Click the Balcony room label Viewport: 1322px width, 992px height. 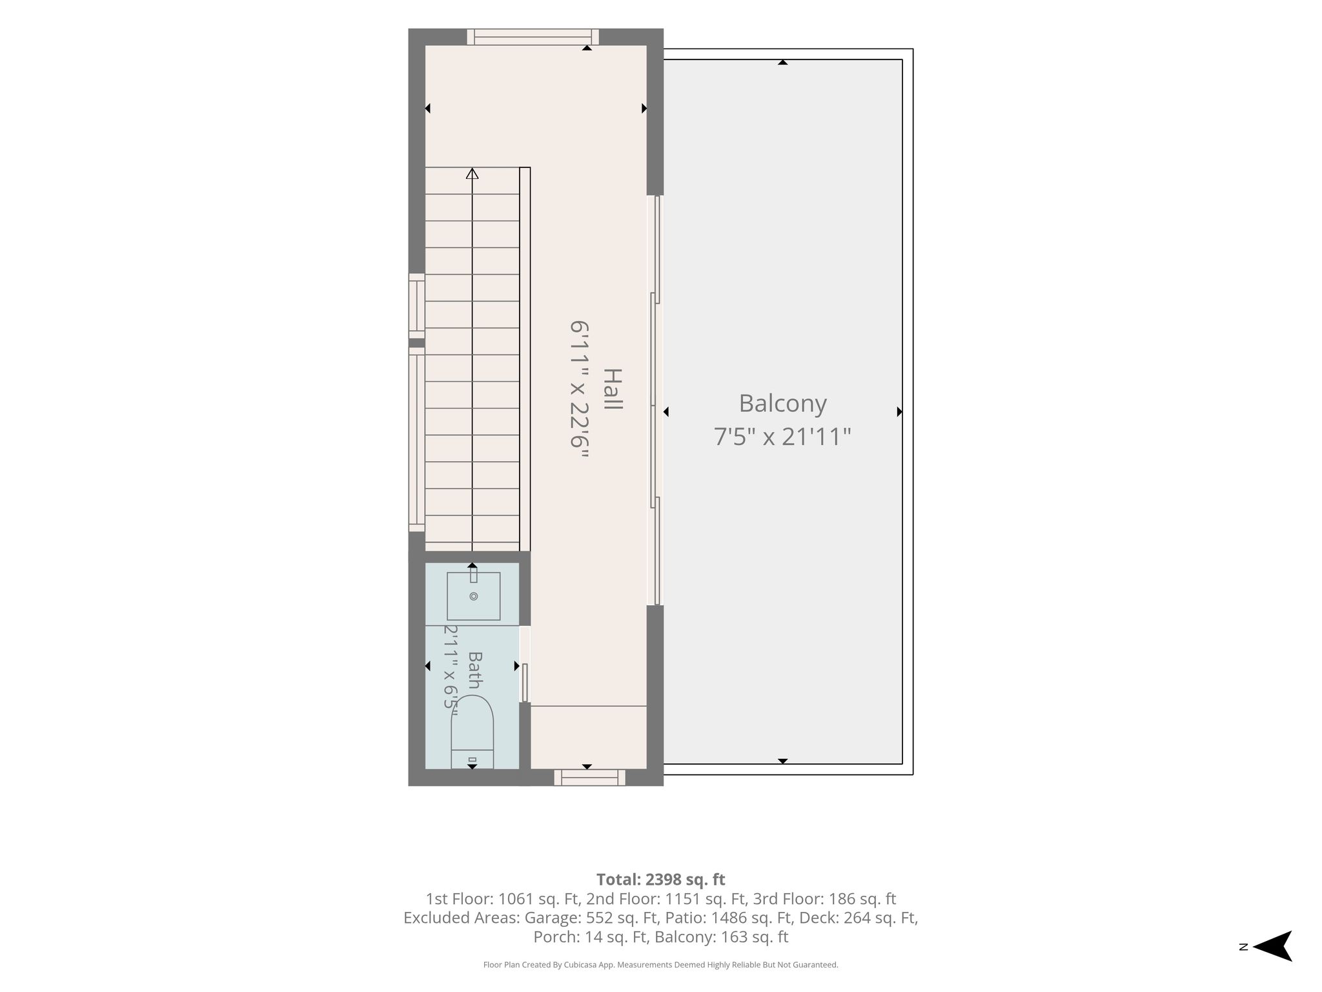tap(782, 404)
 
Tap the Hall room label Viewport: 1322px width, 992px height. tap(612, 389)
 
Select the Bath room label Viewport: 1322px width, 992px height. tap(474, 670)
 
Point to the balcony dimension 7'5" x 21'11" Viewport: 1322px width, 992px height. tap(782, 437)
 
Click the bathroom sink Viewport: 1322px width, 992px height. tap(473, 595)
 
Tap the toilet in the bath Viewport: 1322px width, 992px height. tap(472, 732)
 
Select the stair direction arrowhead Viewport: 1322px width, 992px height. tap(473, 174)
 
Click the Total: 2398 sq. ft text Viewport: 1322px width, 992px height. tap(660, 880)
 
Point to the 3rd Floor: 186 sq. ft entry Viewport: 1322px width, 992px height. tap(824, 899)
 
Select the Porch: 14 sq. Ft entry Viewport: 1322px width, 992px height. tap(589, 937)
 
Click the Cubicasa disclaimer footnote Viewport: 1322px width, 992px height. tap(660, 965)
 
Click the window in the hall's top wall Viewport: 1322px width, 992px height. tap(533, 37)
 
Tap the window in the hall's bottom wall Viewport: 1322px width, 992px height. tap(589, 778)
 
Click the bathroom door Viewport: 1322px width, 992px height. tap(525, 665)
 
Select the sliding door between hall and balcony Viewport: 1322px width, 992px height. tap(655, 400)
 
